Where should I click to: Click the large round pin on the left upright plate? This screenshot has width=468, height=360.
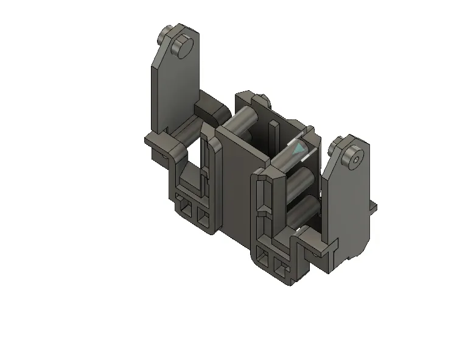[x=182, y=46]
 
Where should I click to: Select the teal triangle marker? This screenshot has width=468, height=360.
[x=298, y=149]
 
